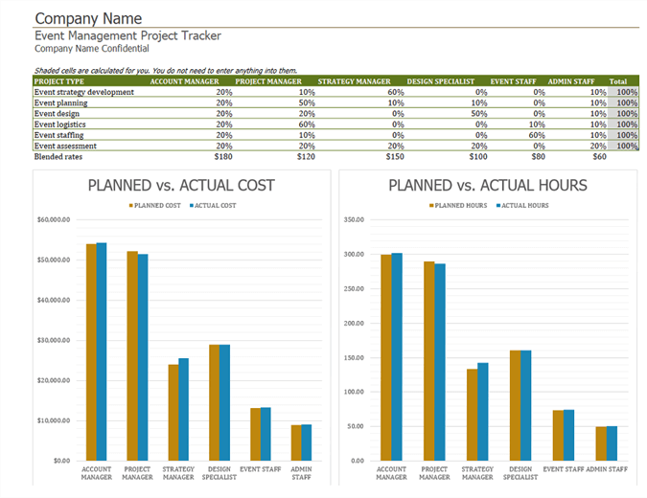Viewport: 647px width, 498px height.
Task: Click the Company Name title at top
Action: tap(88, 18)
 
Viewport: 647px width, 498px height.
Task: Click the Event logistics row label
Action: tap(61, 124)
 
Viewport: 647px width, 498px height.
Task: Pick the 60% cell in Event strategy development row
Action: tap(396, 92)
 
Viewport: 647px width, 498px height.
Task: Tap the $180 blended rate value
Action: tap(223, 155)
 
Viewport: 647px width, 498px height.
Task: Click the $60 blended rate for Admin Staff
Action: tap(599, 155)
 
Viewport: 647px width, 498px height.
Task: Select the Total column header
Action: tap(619, 81)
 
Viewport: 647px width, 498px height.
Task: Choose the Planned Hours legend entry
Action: tap(458, 205)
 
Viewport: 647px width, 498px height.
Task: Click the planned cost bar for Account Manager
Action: tap(91, 351)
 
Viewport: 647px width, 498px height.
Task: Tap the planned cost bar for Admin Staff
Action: tap(297, 442)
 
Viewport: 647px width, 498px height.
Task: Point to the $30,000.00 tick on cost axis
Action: tap(54, 340)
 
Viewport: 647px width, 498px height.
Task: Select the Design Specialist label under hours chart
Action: tap(520, 472)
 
